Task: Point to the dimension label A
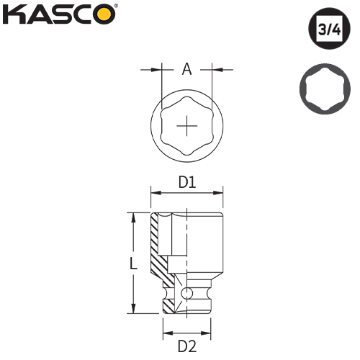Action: coord(186,69)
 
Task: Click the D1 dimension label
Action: coord(187,183)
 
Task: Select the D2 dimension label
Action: coord(187,346)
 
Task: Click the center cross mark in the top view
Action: coord(187,127)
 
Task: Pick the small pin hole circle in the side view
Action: coord(187,293)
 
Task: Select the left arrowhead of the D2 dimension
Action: coord(165,333)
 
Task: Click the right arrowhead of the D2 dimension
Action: coord(210,333)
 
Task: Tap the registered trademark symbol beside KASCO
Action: coord(117,7)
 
